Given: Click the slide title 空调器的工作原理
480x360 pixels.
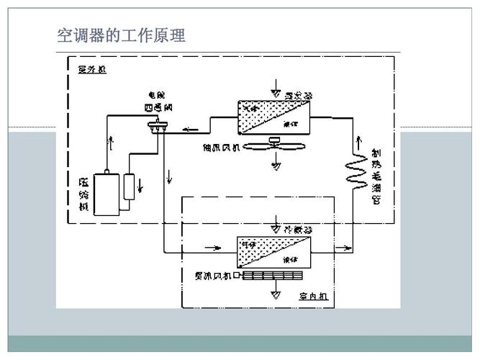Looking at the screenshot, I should pyautogui.click(x=121, y=35).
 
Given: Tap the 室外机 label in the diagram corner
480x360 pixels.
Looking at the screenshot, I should pyautogui.click(x=92, y=70).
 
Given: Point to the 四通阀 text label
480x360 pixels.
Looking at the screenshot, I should pyautogui.click(x=158, y=107).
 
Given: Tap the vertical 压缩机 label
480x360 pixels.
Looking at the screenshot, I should pyautogui.click(x=84, y=192).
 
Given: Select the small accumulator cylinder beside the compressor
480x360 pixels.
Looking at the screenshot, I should pyautogui.click(x=130, y=186).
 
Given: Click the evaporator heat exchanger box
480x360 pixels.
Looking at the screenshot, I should pyautogui.click(x=273, y=115).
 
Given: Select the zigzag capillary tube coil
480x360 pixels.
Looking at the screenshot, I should pyautogui.click(x=355, y=174).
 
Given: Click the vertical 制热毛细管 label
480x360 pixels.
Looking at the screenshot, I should pyautogui.click(x=376, y=177).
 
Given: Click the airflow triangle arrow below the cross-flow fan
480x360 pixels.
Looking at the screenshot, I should pyautogui.click(x=275, y=294).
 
